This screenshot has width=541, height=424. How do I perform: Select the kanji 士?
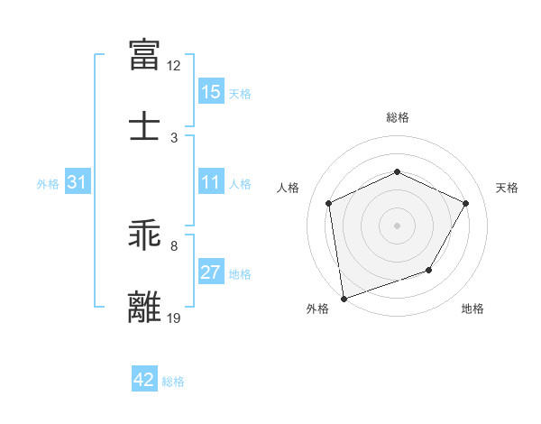(145, 127)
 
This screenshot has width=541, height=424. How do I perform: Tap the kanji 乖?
(145, 235)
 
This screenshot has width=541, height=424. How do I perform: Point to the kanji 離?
(145, 306)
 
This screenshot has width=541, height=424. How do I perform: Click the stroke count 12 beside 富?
(174, 66)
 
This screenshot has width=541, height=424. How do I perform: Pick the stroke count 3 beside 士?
(174, 137)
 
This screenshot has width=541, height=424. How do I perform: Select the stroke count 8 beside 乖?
(174, 245)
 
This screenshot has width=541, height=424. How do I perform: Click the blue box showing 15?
(211, 92)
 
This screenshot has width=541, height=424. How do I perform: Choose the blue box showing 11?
(211, 182)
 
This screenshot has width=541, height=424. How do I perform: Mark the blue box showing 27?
(211, 272)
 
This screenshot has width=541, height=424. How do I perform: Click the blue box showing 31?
(78, 182)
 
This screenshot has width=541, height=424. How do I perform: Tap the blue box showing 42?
(144, 380)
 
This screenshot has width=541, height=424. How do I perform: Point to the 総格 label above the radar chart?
(398, 117)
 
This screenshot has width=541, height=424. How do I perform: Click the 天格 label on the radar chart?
(508, 188)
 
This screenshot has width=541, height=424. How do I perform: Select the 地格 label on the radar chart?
(472, 309)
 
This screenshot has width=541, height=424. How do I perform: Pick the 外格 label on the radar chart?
(317, 309)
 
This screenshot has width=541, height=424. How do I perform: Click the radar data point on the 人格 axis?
(329, 203)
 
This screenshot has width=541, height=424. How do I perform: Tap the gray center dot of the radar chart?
(398, 225)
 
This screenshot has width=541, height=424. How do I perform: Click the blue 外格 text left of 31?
(48, 183)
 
